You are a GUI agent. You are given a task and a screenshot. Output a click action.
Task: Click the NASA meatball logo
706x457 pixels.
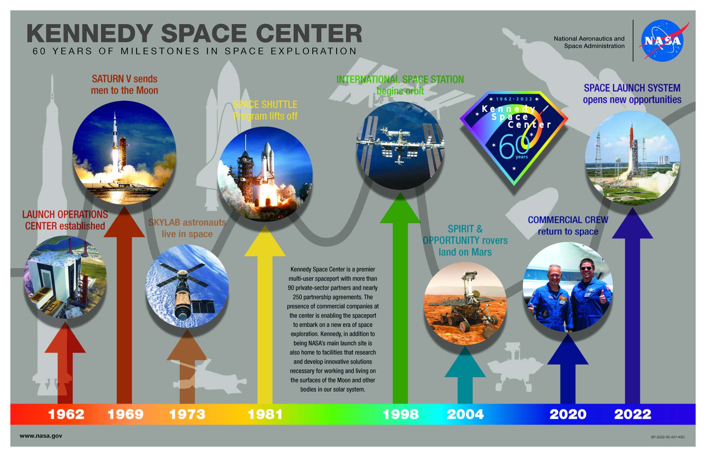[663, 41]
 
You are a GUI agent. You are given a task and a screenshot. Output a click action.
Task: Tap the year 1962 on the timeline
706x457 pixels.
[66, 414]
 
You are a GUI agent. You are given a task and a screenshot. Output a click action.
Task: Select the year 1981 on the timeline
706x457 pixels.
[265, 414]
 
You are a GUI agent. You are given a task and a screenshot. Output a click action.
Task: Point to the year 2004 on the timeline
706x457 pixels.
[465, 414]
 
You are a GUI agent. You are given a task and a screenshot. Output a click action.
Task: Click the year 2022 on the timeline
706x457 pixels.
[633, 414]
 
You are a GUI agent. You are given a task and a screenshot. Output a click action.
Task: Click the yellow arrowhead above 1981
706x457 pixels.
[265, 241]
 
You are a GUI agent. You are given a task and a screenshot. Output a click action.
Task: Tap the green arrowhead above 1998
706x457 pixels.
[400, 208]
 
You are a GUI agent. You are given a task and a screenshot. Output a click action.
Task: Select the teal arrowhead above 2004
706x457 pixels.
[465, 362]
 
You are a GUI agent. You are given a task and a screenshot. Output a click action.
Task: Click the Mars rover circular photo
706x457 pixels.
[465, 303]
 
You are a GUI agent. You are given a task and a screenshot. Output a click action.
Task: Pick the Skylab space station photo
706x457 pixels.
[187, 286]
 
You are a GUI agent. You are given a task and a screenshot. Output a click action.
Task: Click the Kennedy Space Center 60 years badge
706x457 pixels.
[514, 138]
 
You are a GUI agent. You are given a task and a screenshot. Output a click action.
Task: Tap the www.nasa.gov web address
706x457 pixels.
[41, 436]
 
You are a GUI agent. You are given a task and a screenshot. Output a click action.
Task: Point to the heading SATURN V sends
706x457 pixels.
[124, 79]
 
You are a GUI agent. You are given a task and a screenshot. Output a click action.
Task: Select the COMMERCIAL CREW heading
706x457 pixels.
[568, 220]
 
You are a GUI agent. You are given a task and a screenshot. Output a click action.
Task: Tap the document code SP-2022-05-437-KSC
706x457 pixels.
[668, 437]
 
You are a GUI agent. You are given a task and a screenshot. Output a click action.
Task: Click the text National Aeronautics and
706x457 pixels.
[589, 39]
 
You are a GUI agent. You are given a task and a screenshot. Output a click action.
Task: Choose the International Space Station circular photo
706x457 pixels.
[400, 146]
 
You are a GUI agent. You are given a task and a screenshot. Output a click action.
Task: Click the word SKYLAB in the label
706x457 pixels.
[164, 222]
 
